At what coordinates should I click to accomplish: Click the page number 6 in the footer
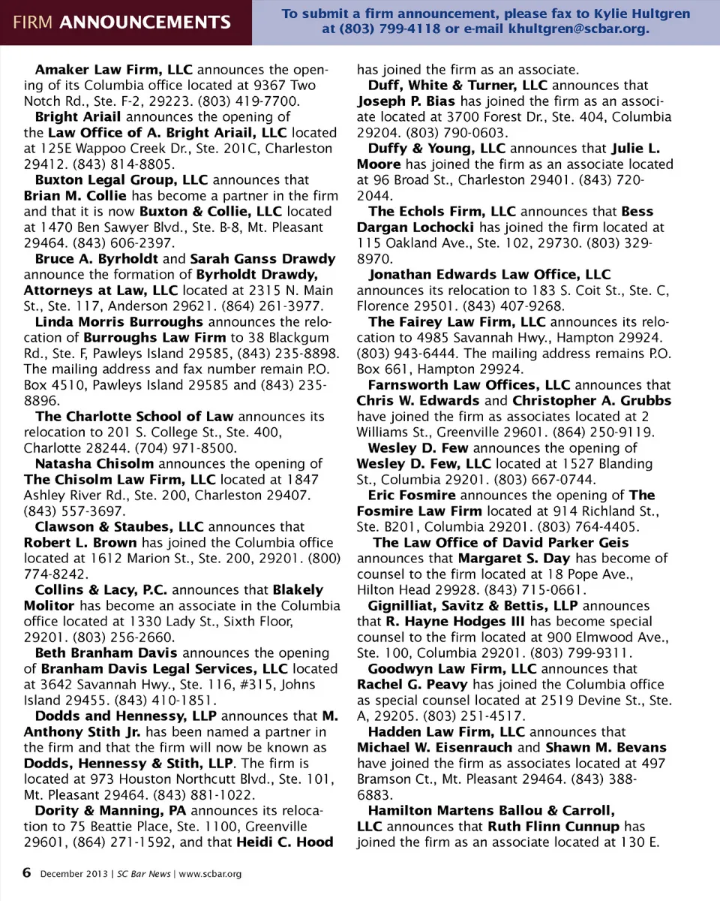pos(27,872)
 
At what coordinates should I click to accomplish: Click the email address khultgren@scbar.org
pos(578,30)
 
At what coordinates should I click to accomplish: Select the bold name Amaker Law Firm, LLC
pos(115,70)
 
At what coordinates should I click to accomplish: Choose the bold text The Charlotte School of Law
pos(134,416)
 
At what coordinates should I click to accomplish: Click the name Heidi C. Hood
pos(284,842)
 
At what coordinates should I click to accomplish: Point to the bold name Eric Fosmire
pos(412,495)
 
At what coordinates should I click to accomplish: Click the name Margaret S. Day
pos(514,558)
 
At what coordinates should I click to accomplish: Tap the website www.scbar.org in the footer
pos(210,874)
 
